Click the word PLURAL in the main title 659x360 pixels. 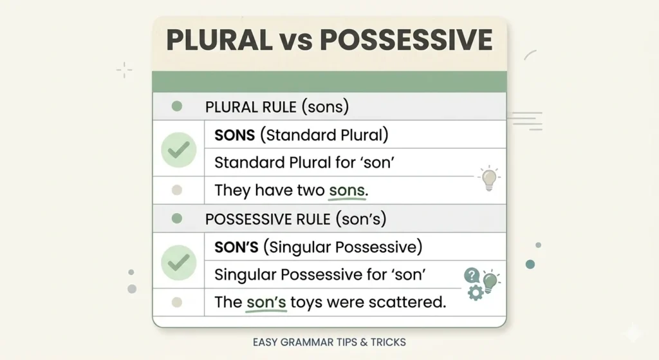(219, 40)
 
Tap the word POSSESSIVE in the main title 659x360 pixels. (406, 40)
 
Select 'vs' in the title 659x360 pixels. (296, 42)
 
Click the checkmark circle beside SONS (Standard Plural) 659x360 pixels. (179, 149)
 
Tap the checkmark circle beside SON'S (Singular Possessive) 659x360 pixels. (179, 262)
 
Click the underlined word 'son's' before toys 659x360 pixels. (266, 302)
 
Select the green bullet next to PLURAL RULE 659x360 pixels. (177, 106)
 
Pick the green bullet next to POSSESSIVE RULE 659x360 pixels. (177, 218)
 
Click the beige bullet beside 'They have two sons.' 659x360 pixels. (177, 190)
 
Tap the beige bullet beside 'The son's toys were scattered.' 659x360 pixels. (177, 302)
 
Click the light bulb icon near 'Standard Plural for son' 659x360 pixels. (489, 178)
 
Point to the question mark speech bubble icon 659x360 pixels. (472, 276)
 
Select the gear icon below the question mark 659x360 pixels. (476, 292)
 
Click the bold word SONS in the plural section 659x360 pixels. (234, 135)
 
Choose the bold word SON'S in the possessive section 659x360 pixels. (236, 247)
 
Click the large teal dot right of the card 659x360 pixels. (530, 264)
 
